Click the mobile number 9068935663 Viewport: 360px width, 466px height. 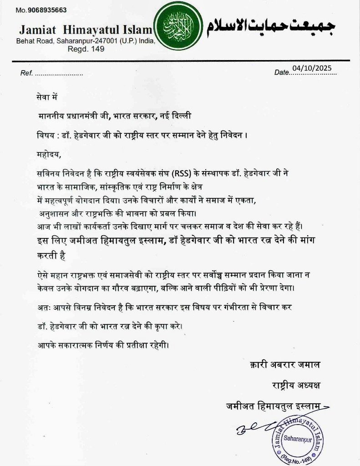[47, 10]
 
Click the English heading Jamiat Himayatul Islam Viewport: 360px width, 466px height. [85, 30]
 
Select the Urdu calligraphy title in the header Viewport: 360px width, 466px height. [271, 27]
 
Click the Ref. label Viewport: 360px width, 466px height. [26, 73]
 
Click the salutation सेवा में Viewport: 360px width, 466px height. [47, 96]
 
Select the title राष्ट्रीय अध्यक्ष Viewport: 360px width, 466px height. [294, 385]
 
